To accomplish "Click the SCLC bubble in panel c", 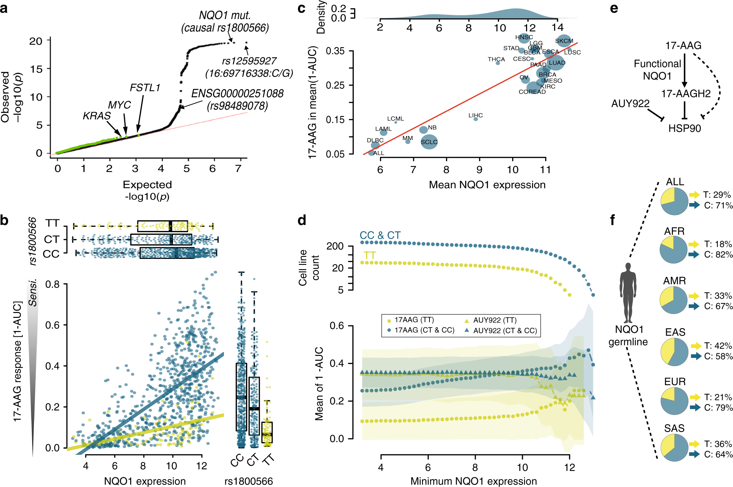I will (429, 142).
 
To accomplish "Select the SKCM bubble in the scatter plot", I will (564, 41).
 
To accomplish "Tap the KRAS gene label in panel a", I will (97, 116).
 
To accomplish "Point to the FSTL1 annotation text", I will (145, 87).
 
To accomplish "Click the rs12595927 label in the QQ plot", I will (249, 61).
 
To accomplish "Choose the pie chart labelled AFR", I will (674, 249).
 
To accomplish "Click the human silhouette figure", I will (628, 293).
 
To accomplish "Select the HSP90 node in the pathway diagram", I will (685, 128).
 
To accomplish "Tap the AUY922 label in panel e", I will (630, 104).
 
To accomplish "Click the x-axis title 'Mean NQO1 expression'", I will (487, 185).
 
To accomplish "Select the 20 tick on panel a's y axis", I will (36, 41).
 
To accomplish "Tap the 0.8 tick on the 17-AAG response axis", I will (52, 284).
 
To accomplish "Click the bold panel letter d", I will (302, 220).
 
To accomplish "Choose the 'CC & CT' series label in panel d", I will (380, 235).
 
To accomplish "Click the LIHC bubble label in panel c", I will (475, 116).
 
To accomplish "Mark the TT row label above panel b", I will (52, 223).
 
